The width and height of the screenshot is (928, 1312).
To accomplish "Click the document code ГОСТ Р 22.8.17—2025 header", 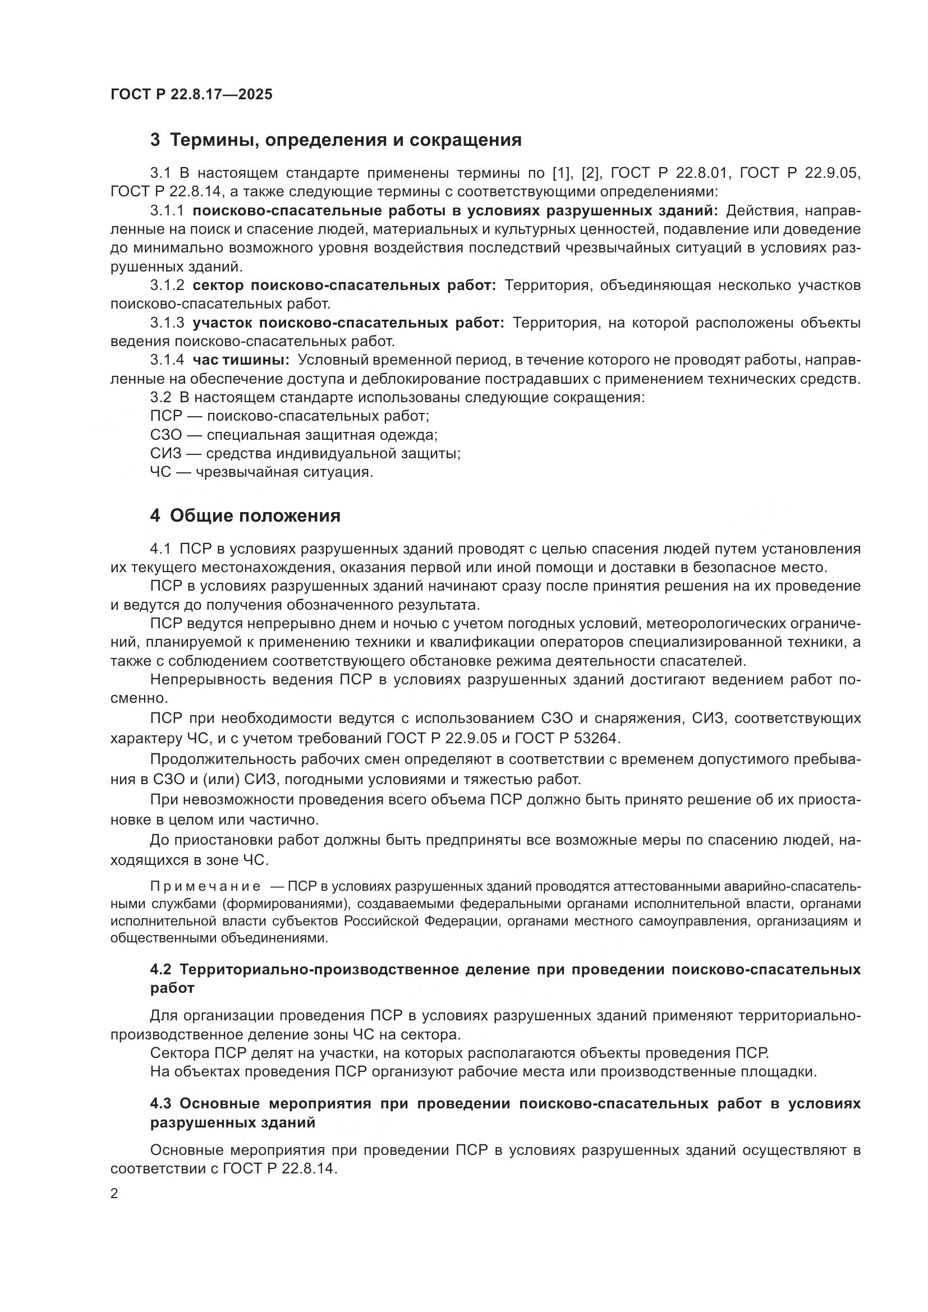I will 191,94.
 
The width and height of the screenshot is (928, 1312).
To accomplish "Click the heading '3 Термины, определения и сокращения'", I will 336,140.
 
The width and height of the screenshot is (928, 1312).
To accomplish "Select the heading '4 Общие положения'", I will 245,515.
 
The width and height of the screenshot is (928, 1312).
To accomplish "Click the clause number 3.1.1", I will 167,211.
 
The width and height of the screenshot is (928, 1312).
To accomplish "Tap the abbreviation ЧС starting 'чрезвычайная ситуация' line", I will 160,472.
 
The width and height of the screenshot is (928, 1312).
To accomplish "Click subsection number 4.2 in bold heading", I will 162,970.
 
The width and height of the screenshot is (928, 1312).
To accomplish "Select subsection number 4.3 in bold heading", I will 162,1103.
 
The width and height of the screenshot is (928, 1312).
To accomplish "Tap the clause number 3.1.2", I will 167,285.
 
